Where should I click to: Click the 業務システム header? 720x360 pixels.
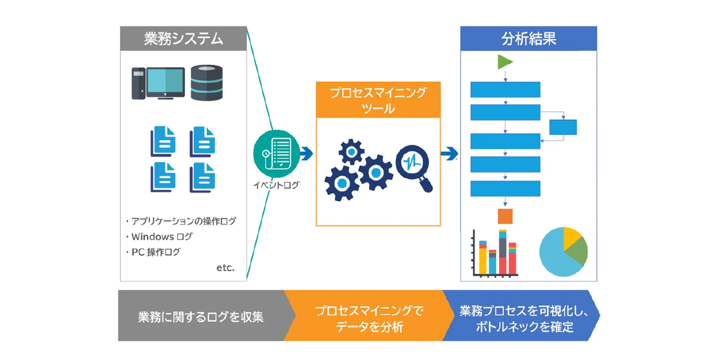tap(183, 39)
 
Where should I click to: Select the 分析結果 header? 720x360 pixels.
tap(528, 39)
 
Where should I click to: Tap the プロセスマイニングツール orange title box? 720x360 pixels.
tap(378, 100)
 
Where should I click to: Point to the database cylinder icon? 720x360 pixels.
tap(206, 83)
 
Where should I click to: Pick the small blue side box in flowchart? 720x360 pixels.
tap(563, 127)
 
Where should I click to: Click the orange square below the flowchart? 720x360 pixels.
tap(505, 216)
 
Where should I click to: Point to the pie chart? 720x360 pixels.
tap(563, 251)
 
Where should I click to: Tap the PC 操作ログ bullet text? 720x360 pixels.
tap(155, 252)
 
